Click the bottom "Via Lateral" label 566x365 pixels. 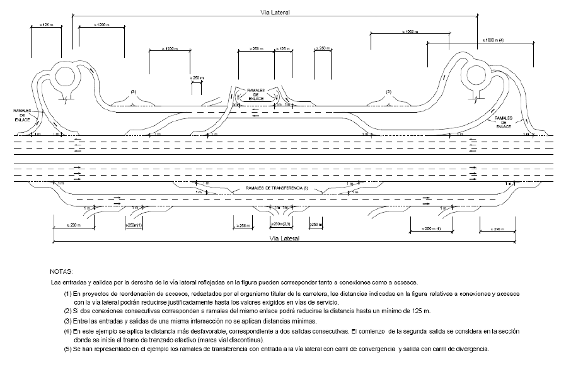(x=282, y=239)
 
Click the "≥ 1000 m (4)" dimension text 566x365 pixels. (x=497, y=40)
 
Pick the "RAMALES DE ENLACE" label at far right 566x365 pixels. (x=507, y=122)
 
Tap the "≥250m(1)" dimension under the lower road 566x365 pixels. (x=135, y=224)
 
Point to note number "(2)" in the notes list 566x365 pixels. (x=68, y=311)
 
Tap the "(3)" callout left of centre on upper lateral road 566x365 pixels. (x=134, y=92)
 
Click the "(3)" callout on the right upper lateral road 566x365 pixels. (x=388, y=92)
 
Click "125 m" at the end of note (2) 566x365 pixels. (x=420, y=311)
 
